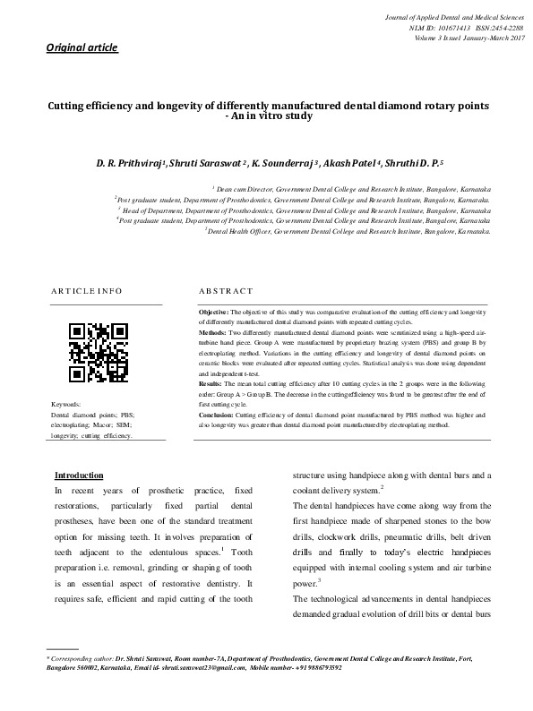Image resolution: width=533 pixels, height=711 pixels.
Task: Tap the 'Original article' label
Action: point(82,47)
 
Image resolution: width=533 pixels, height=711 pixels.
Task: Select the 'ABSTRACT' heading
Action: point(225,292)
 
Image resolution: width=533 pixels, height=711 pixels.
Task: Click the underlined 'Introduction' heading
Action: point(79,475)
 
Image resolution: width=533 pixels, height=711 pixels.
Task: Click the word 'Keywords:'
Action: point(67,406)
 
